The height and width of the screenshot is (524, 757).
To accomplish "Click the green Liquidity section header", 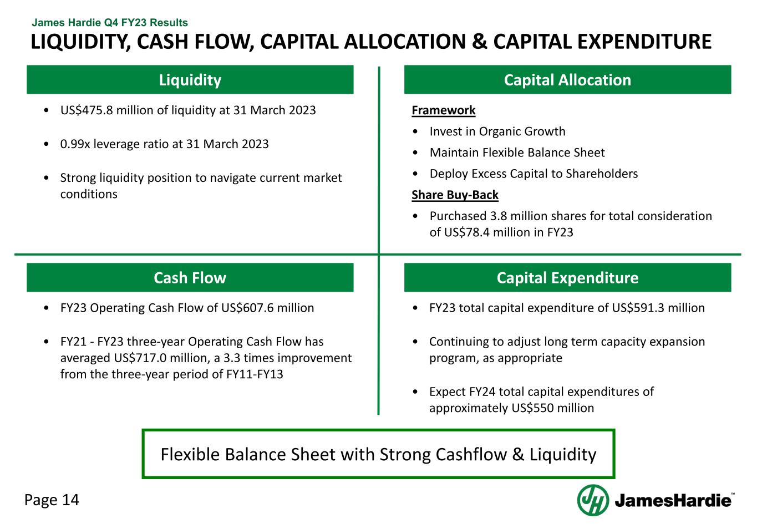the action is (x=190, y=80).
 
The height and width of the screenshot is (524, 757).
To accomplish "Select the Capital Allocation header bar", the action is (x=568, y=80).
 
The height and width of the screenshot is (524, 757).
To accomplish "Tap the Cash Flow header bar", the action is (x=190, y=278).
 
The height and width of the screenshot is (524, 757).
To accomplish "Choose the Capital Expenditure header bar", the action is (x=568, y=278).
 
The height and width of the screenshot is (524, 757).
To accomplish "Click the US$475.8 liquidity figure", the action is (x=87, y=110).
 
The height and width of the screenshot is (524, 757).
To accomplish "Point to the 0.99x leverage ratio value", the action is (x=75, y=144).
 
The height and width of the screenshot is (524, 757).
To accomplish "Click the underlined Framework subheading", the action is (x=444, y=110).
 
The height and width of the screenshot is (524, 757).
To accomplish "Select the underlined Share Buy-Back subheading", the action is (x=455, y=195).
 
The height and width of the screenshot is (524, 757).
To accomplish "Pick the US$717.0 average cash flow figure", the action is (x=140, y=358).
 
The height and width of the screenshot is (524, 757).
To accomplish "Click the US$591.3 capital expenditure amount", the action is (x=638, y=308).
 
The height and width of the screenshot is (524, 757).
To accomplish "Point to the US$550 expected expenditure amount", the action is (x=532, y=408).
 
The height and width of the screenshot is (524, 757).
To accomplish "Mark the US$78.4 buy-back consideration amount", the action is (x=467, y=232).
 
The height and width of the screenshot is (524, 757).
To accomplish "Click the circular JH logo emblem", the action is (x=593, y=500).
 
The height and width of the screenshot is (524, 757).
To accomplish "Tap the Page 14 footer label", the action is (x=52, y=500).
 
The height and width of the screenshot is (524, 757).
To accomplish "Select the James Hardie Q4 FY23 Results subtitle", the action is (x=110, y=23).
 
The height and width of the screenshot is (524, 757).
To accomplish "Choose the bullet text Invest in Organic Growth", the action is (x=497, y=131).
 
